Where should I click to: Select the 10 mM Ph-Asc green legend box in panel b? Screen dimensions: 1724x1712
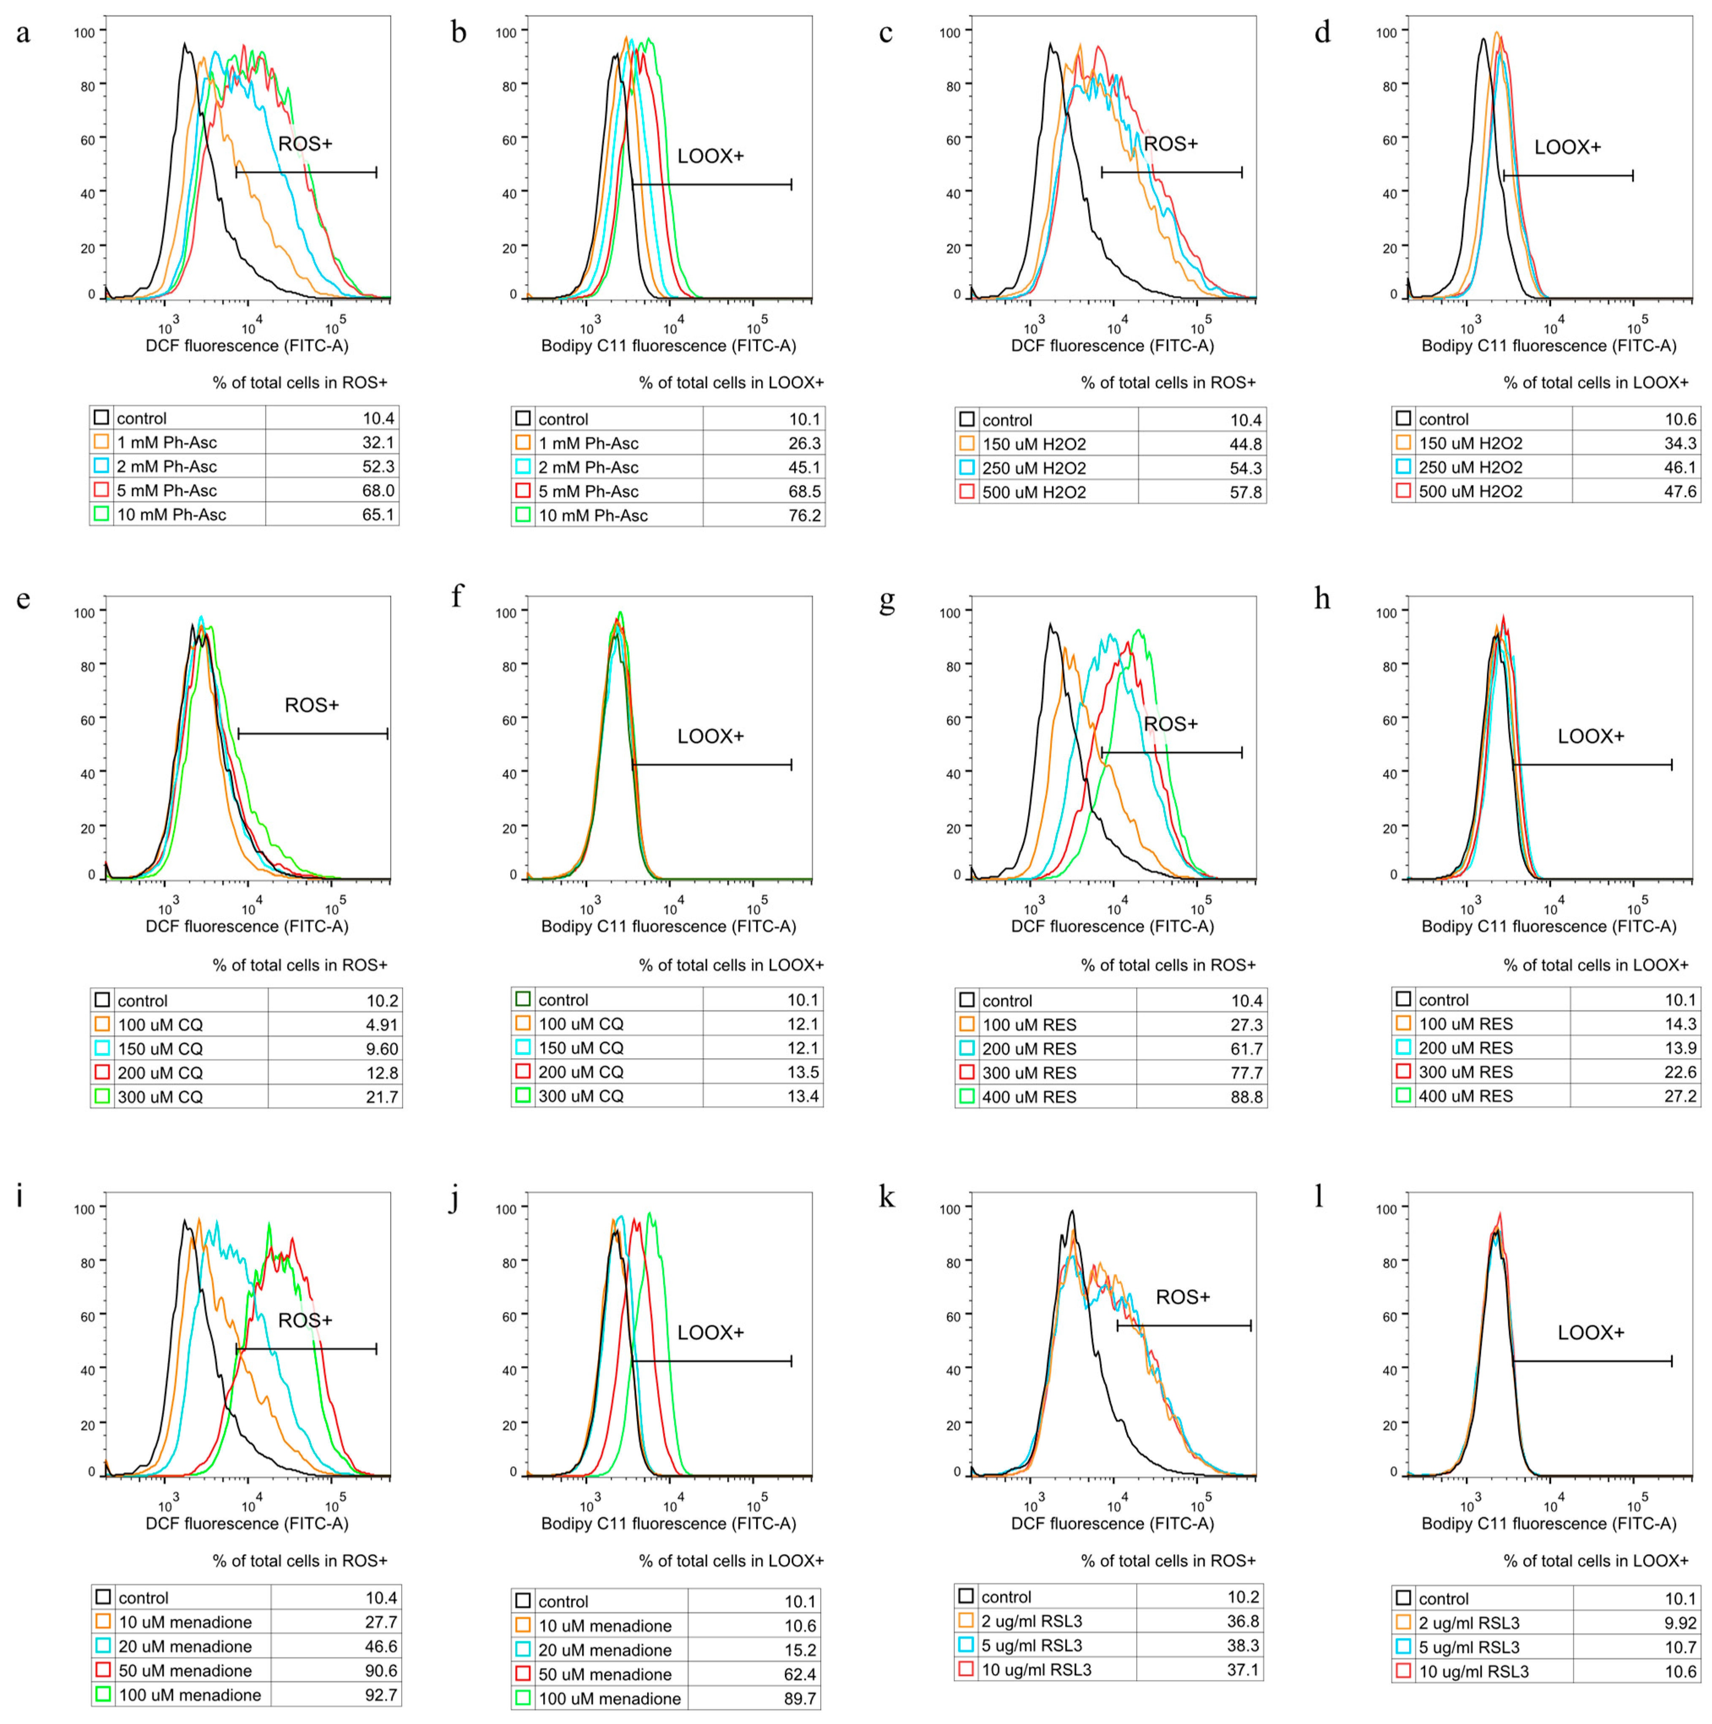coord(523,515)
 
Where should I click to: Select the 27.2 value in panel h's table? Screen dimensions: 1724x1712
coord(1680,1096)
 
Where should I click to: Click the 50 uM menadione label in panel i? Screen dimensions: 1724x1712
coord(185,1670)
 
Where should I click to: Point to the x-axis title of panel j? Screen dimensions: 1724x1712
coord(668,1523)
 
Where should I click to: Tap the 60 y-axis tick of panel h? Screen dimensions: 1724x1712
coord(1389,720)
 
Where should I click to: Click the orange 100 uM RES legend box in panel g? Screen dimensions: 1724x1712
coord(966,1024)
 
